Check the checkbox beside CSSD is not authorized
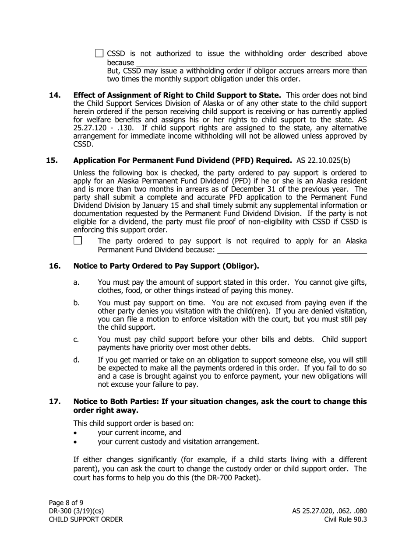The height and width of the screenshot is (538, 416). [x=99, y=54]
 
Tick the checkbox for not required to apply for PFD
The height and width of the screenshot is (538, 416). [x=78, y=241]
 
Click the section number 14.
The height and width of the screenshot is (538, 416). [x=55, y=95]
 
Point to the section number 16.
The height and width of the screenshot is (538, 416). [x=55, y=266]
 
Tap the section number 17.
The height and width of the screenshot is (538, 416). [x=55, y=402]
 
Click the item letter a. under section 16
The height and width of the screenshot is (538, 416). [x=76, y=282]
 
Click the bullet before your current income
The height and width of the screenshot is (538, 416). [x=76, y=433]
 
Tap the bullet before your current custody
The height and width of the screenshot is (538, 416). [x=76, y=442]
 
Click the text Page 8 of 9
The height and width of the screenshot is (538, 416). [x=66, y=503]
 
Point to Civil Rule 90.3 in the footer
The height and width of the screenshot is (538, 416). [x=345, y=520]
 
